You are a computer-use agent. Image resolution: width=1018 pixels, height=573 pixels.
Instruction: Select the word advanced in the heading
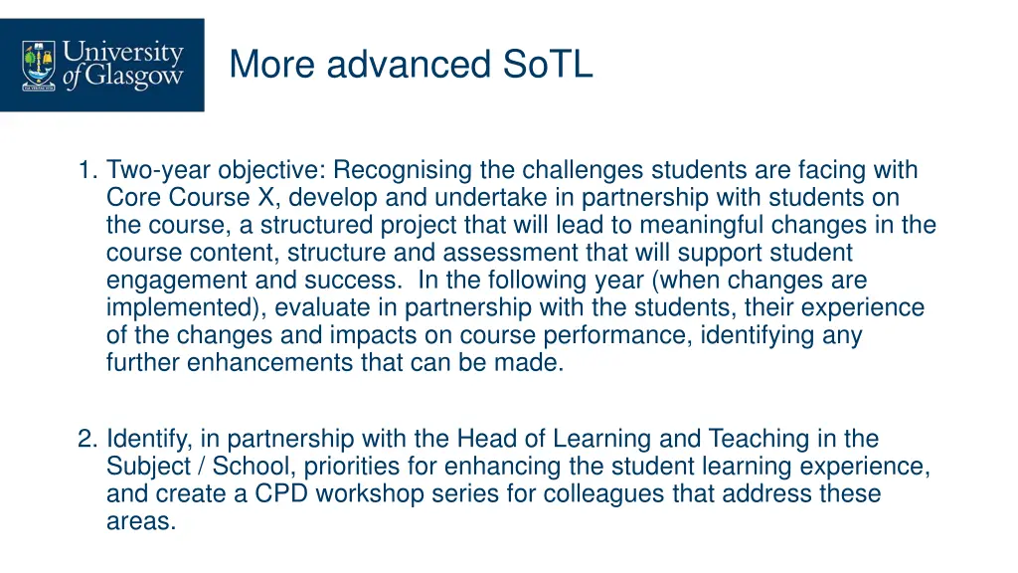pyautogui.click(x=408, y=65)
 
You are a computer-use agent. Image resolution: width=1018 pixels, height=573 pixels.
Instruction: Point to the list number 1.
pyautogui.click(x=86, y=170)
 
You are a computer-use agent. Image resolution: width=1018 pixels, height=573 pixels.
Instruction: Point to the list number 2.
pyautogui.click(x=86, y=439)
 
